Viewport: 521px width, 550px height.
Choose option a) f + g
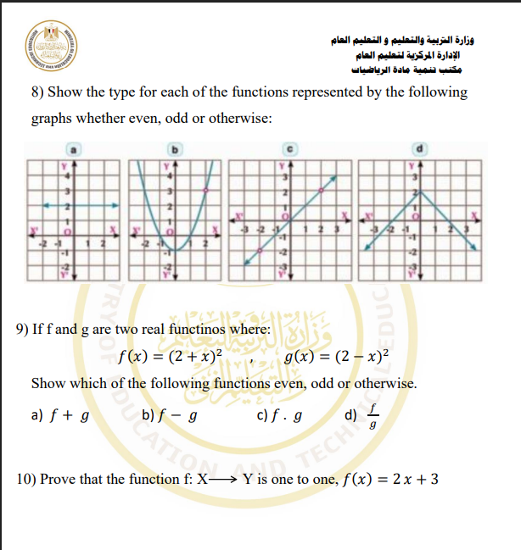60,415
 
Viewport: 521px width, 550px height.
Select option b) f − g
170,415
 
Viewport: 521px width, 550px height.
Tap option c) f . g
280,415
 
